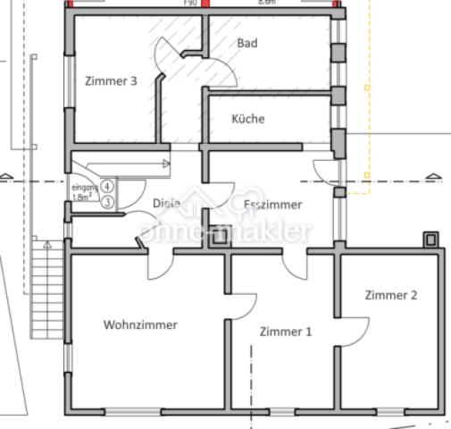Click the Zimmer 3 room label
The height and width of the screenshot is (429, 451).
click(x=111, y=81)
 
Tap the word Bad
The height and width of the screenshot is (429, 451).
click(x=247, y=43)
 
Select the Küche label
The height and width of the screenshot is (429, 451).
click(x=247, y=118)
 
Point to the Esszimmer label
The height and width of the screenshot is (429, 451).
click(x=272, y=204)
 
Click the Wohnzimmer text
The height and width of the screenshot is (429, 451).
click(x=139, y=324)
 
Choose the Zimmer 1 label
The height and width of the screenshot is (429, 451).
click(x=286, y=332)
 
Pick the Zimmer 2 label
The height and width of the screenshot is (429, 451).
click(x=390, y=295)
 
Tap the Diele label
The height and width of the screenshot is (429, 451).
click(x=166, y=203)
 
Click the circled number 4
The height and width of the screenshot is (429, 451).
click(x=106, y=186)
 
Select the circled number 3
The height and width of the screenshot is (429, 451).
click(x=106, y=202)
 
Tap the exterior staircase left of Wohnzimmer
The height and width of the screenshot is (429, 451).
click(x=44, y=295)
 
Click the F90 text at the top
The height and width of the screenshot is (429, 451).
click(x=190, y=3)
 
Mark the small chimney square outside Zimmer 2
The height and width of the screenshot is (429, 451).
click(x=430, y=240)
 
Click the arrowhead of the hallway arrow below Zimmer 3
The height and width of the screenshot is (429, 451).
click(x=166, y=163)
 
